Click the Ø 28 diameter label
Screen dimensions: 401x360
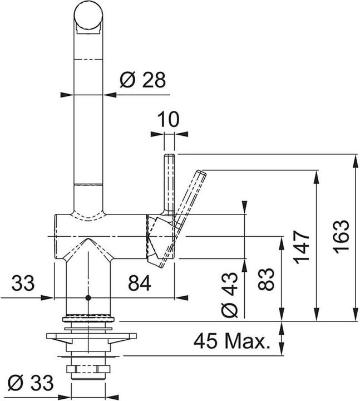pos(142,81)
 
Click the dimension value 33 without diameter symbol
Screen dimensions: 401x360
pos(23,284)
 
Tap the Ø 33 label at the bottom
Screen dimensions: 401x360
pos(33,384)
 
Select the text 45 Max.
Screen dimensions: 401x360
pos(233,340)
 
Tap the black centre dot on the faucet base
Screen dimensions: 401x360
pos(88,299)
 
